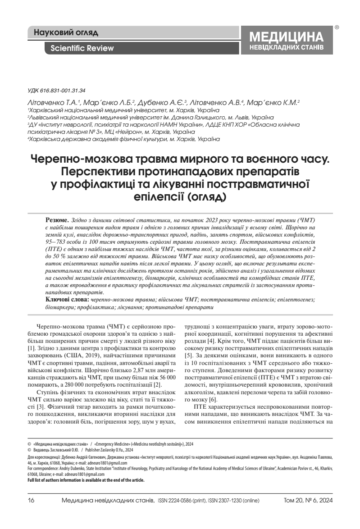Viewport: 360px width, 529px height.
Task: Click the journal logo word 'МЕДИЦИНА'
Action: pos(287,37)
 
